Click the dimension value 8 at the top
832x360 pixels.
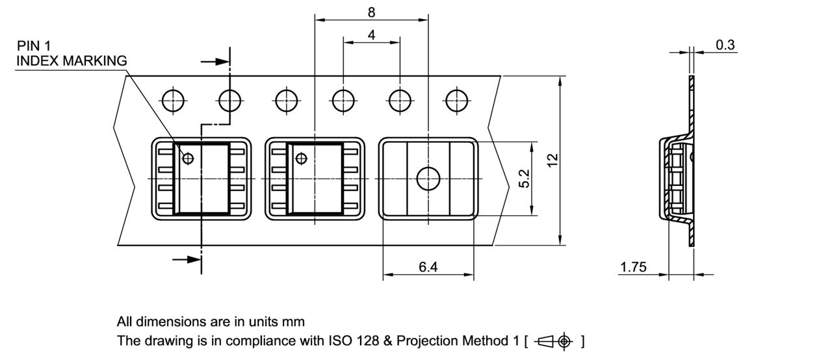[x=371, y=12]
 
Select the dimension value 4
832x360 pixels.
[x=371, y=35]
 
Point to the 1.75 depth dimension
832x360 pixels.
[x=633, y=267]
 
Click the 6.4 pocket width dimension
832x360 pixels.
[x=428, y=267]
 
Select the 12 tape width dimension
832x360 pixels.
[x=552, y=161]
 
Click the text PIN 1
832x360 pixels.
[x=34, y=45]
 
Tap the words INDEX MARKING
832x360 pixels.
[x=71, y=60]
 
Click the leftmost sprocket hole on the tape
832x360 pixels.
[x=174, y=101]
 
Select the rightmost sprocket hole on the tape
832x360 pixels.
[x=457, y=101]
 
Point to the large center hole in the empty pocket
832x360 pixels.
[x=428, y=178]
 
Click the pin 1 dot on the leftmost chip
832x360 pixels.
[x=188, y=158]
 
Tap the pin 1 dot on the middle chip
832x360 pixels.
[x=301, y=158]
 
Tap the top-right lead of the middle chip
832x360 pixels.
[x=351, y=151]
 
